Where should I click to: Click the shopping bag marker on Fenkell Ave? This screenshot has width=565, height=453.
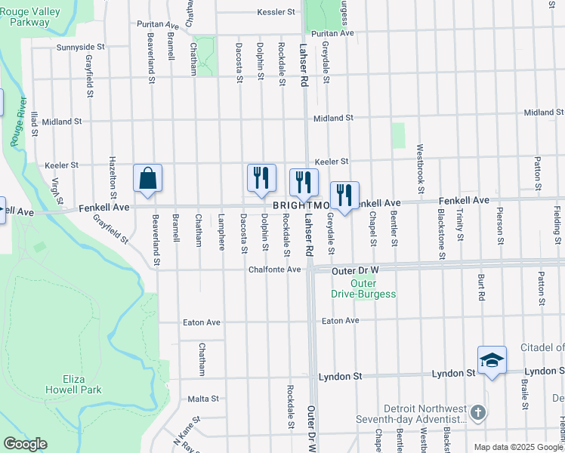click(x=148, y=178)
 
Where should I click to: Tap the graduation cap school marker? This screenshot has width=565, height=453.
click(x=492, y=360)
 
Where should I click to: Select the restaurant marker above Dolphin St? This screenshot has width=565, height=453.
click(x=261, y=178)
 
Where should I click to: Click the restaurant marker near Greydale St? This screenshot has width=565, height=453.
click(x=344, y=196)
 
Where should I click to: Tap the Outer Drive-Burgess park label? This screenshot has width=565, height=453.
click(x=362, y=288)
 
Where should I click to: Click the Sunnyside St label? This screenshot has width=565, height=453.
click(x=80, y=47)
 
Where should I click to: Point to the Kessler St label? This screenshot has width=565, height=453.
click(x=276, y=13)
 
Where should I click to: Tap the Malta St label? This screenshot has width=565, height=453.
click(x=203, y=399)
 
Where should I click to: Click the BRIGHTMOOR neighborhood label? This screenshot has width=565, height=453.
click(x=301, y=205)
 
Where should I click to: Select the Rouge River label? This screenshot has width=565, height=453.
click(x=17, y=121)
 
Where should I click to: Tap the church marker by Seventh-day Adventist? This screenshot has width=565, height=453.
click(x=477, y=413)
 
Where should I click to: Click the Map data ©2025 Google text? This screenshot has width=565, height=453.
click(x=518, y=447)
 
